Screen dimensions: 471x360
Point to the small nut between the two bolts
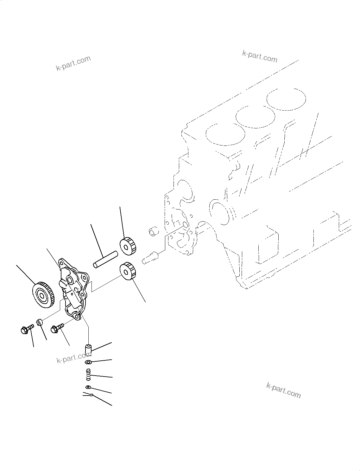tap(40, 323)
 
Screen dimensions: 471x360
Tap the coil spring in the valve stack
tap(89, 374)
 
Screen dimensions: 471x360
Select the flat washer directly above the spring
tap(88, 362)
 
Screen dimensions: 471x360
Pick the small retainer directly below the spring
tap(88, 387)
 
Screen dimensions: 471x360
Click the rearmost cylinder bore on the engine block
tap(286, 98)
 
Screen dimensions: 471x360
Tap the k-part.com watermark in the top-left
tap(73, 63)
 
